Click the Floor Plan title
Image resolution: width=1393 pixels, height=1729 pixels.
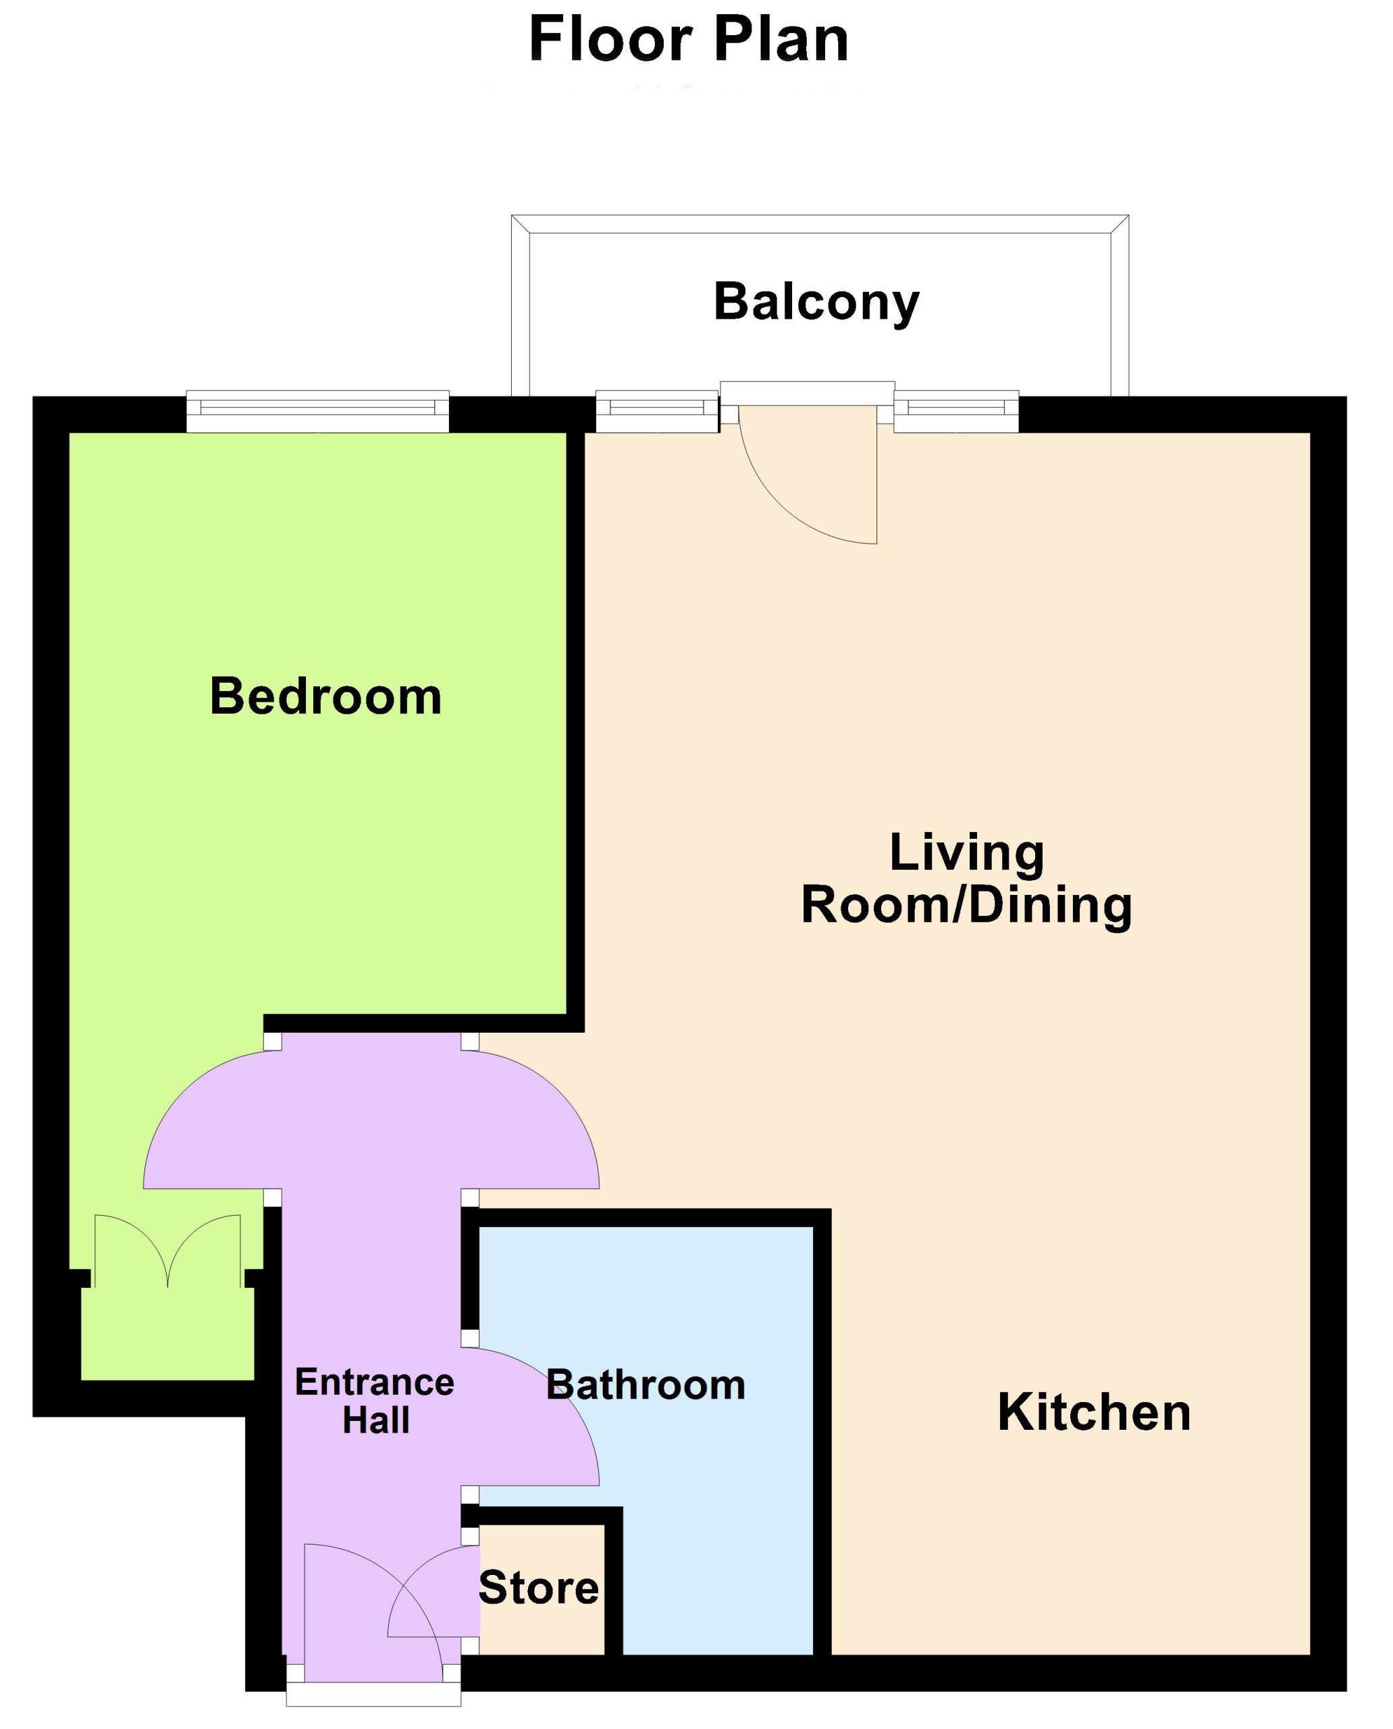[x=689, y=40]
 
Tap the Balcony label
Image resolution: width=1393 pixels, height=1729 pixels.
[x=816, y=303]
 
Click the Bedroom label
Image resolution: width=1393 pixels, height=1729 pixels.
[x=325, y=696]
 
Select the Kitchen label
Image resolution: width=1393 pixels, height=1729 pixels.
[x=1094, y=1412]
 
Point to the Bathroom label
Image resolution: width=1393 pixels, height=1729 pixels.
[x=646, y=1385]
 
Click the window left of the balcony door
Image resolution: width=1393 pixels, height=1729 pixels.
[x=657, y=411]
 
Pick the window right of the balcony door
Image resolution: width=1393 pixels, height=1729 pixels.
[x=957, y=411]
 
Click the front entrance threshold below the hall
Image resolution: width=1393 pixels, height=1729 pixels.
[x=374, y=1694]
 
